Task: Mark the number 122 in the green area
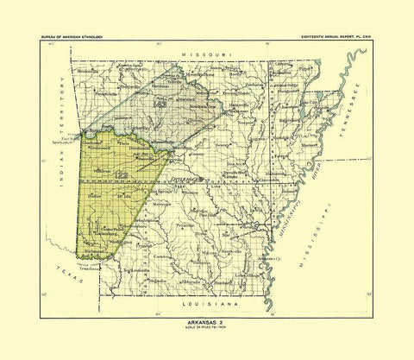coord(122,176)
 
